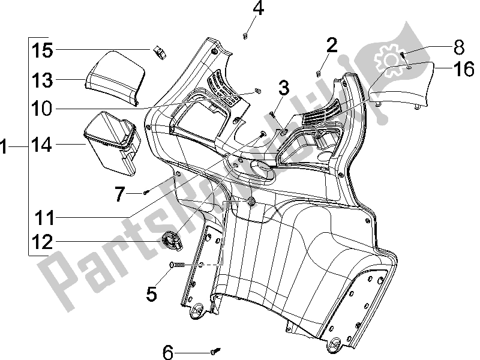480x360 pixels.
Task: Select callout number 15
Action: (x=43, y=50)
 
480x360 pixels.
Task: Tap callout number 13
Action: (x=43, y=80)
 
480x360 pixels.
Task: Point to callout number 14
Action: (x=43, y=145)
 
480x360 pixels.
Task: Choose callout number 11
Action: (x=43, y=216)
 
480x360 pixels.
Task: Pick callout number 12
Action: (x=43, y=242)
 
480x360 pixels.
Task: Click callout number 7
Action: (x=120, y=193)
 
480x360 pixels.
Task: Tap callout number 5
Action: (x=151, y=293)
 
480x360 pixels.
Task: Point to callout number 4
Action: (x=258, y=10)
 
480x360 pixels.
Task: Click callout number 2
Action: (x=331, y=44)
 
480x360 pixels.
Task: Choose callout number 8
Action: (x=459, y=45)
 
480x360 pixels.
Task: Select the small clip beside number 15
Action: (x=160, y=52)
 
